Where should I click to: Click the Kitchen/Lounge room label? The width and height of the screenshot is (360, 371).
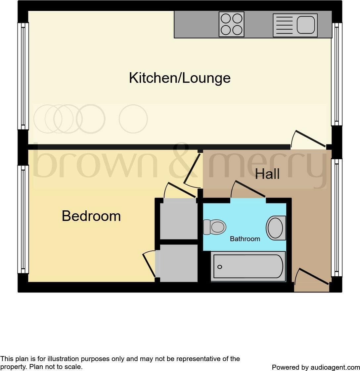(x=180, y=78)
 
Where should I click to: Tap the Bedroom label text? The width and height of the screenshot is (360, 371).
(x=91, y=216)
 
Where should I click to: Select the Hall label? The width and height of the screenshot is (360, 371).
(x=267, y=174)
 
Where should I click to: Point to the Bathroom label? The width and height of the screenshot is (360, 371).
(x=245, y=239)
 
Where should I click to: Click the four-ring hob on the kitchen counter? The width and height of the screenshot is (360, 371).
(x=232, y=24)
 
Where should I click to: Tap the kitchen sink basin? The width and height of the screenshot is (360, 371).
(x=305, y=25)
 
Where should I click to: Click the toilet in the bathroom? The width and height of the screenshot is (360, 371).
(x=214, y=227)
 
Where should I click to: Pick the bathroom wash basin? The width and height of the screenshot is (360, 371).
(x=276, y=228)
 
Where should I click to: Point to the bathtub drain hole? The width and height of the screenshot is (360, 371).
(x=219, y=267)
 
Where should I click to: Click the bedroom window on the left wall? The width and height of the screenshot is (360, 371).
(x=23, y=219)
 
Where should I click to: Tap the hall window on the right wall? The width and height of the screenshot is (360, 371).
(x=337, y=218)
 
